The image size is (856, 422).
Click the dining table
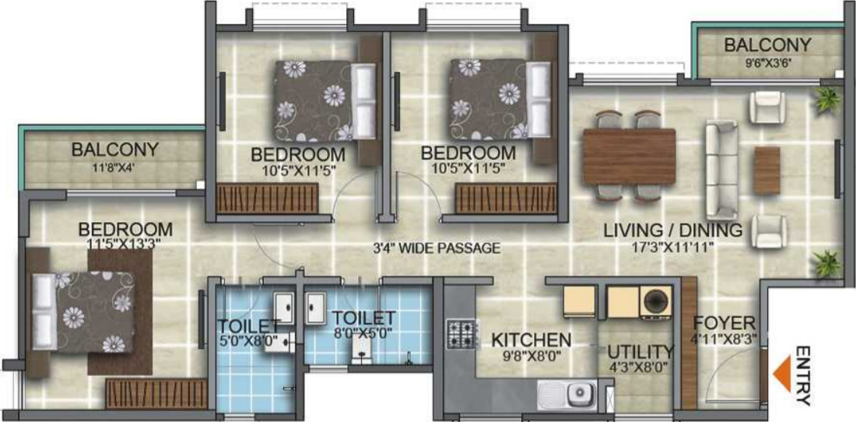[629, 156]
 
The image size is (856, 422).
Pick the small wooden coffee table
[767, 171]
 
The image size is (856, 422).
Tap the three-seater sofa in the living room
[721, 169]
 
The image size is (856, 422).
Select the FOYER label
[724, 322]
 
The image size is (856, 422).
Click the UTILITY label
[640, 351]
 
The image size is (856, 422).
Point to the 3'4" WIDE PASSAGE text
[436, 249]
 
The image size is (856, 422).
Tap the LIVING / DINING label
[673, 230]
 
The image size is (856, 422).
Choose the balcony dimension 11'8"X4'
[114, 165]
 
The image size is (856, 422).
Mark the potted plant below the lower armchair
[826, 262]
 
